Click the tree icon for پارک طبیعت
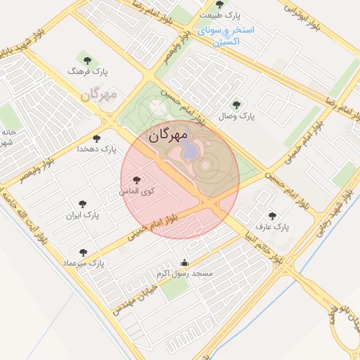tap(220, 5)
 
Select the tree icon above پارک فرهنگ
tap(88, 60)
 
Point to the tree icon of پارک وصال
tap(236, 104)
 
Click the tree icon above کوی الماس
tap(136, 180)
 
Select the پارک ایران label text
tap(84, 214)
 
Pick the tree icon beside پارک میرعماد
tap(83, 251)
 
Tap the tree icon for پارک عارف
tap(272, 216)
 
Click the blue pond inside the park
tap(191, 151)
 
